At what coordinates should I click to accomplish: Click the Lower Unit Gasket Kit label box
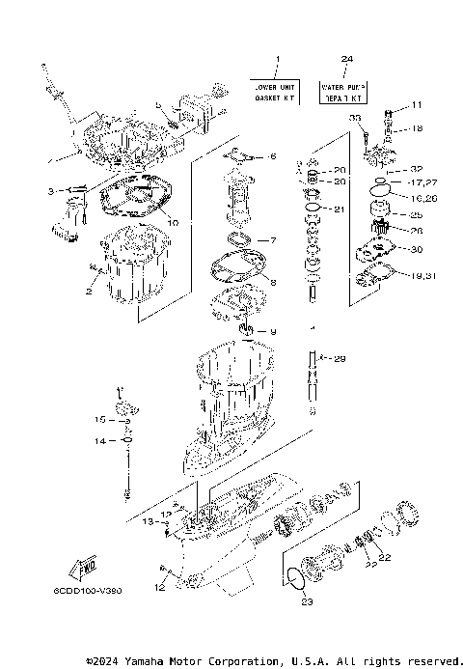(275, 92)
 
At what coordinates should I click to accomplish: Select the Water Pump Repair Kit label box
(342, 92)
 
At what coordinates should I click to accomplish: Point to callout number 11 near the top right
(417, 104)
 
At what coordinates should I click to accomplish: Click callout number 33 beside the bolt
(354, 118)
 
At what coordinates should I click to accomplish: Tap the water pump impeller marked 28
(378, 231)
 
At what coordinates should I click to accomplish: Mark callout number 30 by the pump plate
(417, 249)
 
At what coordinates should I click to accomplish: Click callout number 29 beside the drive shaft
(339, 359)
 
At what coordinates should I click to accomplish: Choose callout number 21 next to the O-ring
(338, 209)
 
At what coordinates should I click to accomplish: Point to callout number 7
(272, 240)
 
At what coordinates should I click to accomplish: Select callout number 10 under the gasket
(174, 222)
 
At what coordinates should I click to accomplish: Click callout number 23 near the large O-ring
(307, 602)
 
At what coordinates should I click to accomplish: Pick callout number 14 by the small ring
(100, 441)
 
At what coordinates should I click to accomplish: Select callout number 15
(100, 420)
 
